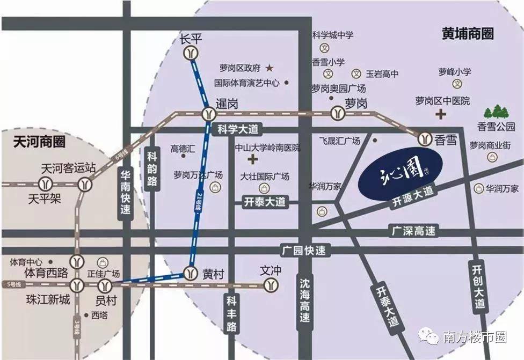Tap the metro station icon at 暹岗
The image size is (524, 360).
tap(208, 114)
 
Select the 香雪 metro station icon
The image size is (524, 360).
tap(426, 138)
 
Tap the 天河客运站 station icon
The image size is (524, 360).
tap(85, 184)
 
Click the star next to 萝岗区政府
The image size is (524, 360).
tap(270, 68)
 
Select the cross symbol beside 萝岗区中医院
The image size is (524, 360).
tap(441, 114)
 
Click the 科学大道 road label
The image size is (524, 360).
tap(238, 129)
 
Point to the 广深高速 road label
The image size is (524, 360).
tap(412, 231)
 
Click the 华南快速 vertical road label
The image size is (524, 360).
tap(125, 193)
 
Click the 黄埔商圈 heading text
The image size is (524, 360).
tap(468, 34)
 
